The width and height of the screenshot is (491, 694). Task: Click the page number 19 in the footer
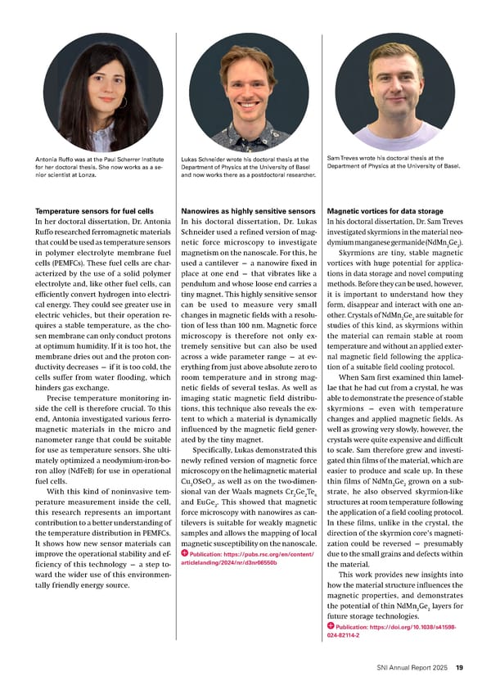coord(460,667)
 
